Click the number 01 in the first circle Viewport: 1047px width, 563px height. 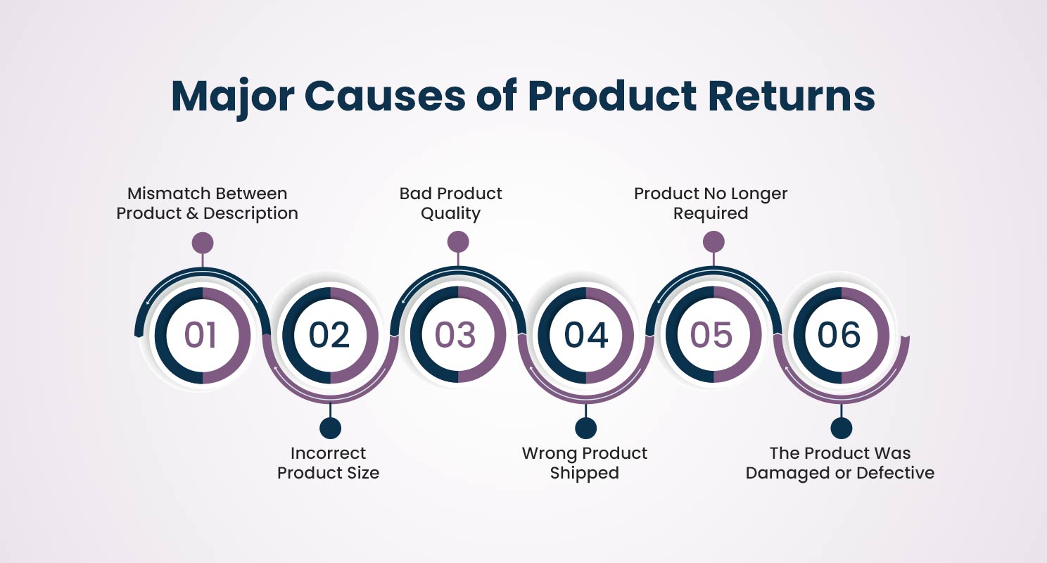(x=201, y=335)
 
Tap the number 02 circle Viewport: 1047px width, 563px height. (x=329, y=335)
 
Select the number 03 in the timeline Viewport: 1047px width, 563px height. (x=455, y=335)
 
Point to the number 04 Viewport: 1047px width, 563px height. (x=586, y=335)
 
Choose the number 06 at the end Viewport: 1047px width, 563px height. (x=839, y=335)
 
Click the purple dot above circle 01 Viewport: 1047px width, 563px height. (x=203, y=243)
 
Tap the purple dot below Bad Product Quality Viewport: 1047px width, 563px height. (x=458, y=242)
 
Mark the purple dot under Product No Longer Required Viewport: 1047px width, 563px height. (x=713, y=242)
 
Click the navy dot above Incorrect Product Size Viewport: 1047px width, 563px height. (x=331, y=428)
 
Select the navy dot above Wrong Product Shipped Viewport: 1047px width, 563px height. (x=585, y=428)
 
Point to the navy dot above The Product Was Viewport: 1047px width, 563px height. (x=842, y=428)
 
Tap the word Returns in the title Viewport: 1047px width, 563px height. (x=792, y=97)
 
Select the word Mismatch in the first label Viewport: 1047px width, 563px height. (x=163, y=193)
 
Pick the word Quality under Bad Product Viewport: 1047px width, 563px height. (x=450, y=214)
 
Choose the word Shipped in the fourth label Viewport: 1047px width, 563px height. (x=584, y=473)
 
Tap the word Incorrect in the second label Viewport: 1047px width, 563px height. (x=328, y=453)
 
